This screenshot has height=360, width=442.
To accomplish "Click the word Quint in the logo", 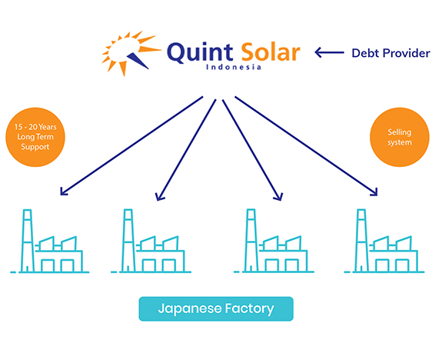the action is click(200, 52).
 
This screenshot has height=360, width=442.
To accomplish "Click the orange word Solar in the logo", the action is click(271, 52).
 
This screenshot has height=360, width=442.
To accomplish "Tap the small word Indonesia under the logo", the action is click(234, 67).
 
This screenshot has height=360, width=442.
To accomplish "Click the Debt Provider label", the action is click(391, 53).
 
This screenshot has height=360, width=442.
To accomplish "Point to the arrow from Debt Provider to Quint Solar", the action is click(329, 52).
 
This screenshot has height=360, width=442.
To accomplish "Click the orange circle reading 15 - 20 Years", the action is click(35, 137).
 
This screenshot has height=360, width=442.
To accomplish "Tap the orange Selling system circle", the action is click(400, 137).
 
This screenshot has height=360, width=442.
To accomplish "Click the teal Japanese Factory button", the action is click(216, 308).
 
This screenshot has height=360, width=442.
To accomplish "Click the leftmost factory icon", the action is click(50, 241).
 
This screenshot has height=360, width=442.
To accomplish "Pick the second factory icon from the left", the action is click(151, 241).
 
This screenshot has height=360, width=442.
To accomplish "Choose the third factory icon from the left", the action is click(274, 241).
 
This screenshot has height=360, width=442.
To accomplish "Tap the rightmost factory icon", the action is click(384, 241).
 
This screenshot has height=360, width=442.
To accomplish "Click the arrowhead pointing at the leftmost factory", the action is click(64, 192).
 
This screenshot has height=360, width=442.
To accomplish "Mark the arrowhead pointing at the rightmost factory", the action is click(374, 192).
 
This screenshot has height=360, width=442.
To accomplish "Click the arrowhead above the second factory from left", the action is click(160, 197).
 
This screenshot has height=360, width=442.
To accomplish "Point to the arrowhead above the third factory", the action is click(278, 197).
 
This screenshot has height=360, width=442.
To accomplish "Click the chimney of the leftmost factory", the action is click(28, 241).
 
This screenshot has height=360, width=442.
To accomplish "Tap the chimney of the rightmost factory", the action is click(361, 241).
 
